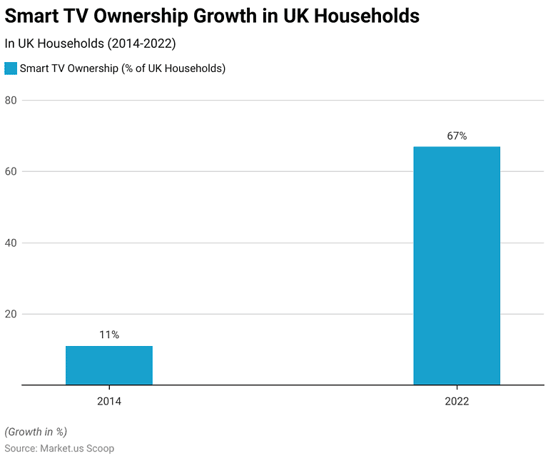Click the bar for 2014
109,365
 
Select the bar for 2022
457,265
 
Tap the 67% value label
457,136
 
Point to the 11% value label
109,335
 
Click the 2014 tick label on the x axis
109,402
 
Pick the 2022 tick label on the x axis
457,402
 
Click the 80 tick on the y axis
11,100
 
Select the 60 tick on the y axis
11,171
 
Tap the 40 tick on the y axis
11,243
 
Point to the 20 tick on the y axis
11,314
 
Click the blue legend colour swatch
11,68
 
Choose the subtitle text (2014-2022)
141,44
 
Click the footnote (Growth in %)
36,432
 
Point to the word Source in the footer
20,448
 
